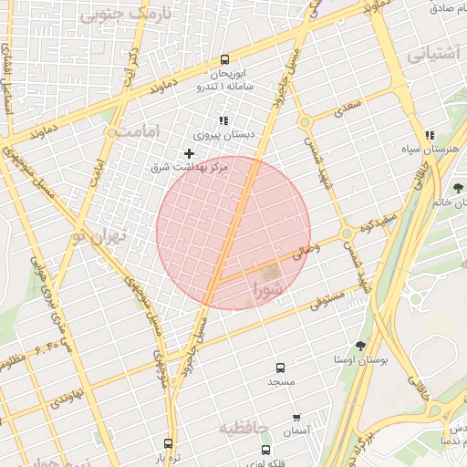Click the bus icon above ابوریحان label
coord(224,57)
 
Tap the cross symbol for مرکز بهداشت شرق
coord(189,153)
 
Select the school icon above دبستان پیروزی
coord(223,120)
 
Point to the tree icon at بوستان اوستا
coord(359,346)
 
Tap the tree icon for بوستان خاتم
coord(457,189)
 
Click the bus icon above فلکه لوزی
coord(265,451)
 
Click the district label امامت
coord(139,131)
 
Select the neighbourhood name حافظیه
coord(245,426)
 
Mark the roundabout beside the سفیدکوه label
coord(347,235)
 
